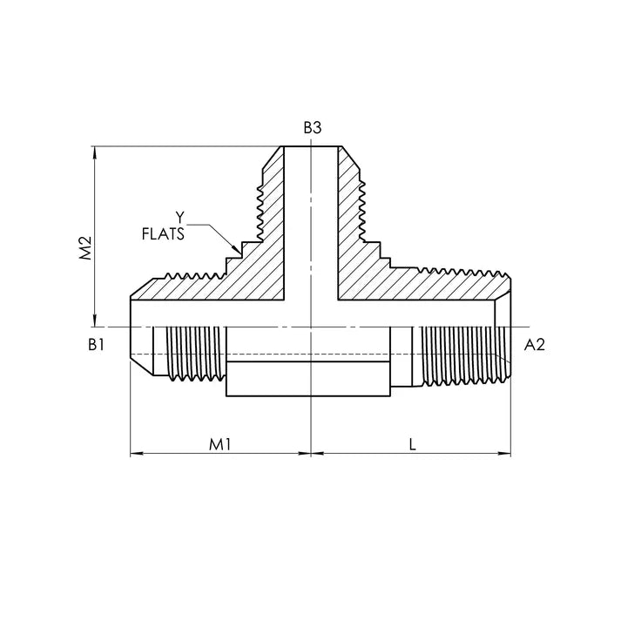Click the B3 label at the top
click(313, 128)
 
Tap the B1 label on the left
click(96, 345)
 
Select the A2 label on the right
click(534, 345)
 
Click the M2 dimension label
click(85, 248)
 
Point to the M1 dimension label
click(219, 445)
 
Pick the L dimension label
click(413, 445)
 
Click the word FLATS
click(163, 234)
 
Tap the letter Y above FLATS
click(180, 218)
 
